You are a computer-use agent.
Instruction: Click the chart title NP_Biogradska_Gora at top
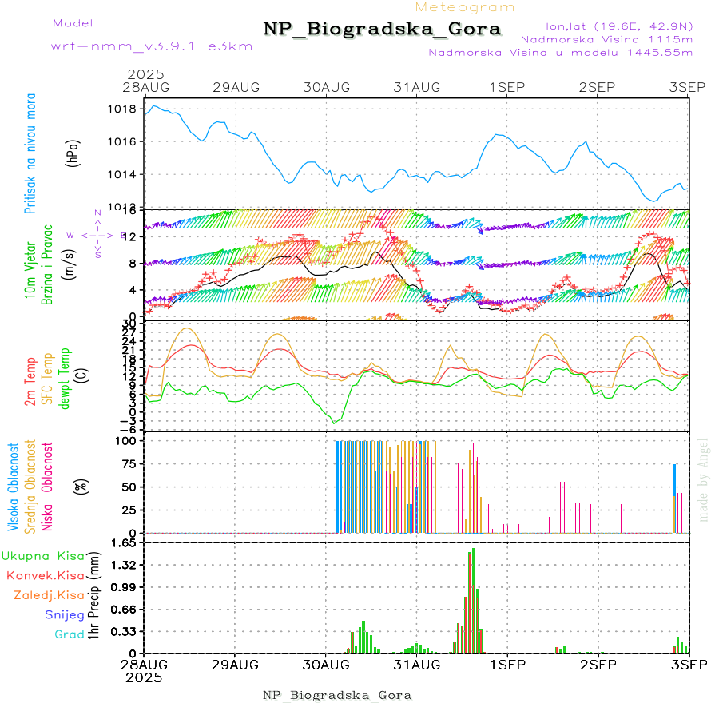[x=382, y=30]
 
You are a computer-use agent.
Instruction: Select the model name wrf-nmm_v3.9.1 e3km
[x=151, y=46]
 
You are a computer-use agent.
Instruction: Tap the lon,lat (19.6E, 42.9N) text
[x=618, y=26]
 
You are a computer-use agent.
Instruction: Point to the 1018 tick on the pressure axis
[x=124, y=109]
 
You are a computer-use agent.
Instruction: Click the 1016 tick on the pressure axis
[x=124, y=141]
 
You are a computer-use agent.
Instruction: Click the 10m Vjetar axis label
[x=30, y=271]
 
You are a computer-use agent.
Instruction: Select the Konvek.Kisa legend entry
[x=45, y=575]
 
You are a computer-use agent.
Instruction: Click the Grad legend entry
[x=69, y=634]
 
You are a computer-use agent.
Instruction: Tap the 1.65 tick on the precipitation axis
[x=123, y=542]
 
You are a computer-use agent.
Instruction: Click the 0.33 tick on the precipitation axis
[x=123, y=631]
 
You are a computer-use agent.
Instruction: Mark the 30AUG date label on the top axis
[x=327, y=87]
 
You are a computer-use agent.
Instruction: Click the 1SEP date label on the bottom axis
[x=506, y=665]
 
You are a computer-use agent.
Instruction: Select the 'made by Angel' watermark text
[x=704, y=479]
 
